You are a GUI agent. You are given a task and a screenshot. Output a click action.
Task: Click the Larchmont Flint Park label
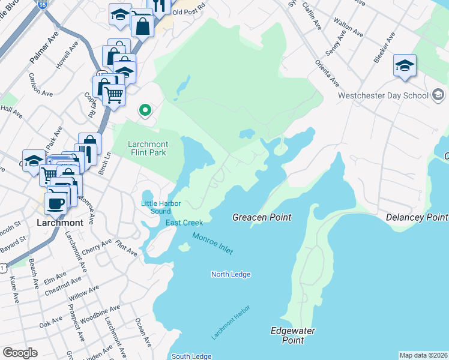148,148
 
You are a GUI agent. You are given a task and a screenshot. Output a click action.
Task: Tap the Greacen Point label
262,217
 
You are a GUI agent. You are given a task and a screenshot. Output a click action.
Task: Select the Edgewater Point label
293,335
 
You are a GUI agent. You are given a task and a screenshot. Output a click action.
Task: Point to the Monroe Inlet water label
212,244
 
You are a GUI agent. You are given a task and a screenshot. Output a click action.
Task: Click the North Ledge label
231,274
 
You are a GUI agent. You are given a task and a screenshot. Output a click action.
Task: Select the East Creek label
184,223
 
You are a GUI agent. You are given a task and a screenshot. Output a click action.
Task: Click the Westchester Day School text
382,95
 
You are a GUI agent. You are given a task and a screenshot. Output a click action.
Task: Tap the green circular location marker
144,110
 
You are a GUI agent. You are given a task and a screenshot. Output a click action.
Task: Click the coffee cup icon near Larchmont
56,202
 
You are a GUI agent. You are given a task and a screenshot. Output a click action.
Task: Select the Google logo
20,353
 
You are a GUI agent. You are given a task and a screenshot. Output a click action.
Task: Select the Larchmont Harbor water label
231,322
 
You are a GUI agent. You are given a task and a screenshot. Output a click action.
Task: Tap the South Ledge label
191,356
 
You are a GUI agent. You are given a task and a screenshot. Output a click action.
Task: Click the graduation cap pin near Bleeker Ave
405,66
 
